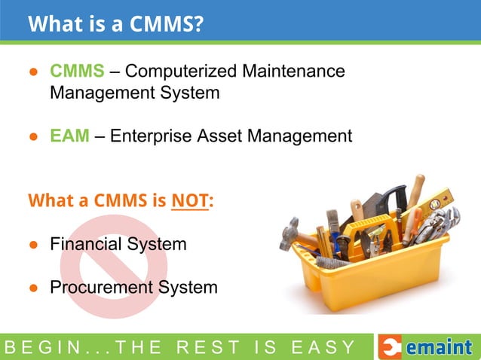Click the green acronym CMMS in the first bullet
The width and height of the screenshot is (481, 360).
tap(77, 72)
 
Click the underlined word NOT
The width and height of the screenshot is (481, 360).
tap(189, 202)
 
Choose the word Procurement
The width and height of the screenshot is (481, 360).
tap(100, 287)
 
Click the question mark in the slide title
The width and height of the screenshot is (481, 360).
tap(198, 24)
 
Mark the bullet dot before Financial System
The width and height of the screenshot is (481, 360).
tap(33, 245)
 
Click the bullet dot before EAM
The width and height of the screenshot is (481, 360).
tap(33, 137)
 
